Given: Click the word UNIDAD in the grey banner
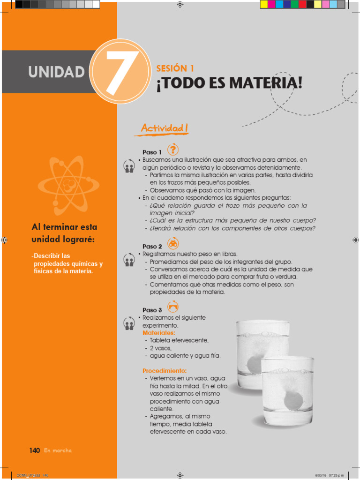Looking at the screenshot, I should (x=56, y=72).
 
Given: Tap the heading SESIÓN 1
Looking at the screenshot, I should (x=175, y=68).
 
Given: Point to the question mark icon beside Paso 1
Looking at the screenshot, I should (x=173, y=149).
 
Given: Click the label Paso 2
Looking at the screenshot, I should (x=152, y=247).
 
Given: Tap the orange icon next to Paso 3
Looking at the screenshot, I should (x=173, y=307).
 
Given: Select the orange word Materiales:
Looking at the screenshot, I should (x=159, y=333).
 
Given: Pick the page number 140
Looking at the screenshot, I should (x=34, y=450).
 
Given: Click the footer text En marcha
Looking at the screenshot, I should (x=58, y=450).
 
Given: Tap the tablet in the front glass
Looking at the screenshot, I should (x=293, y=400).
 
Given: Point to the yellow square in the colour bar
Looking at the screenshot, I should (x=264, y=4).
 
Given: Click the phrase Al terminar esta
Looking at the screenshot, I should (x=64, y=227).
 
